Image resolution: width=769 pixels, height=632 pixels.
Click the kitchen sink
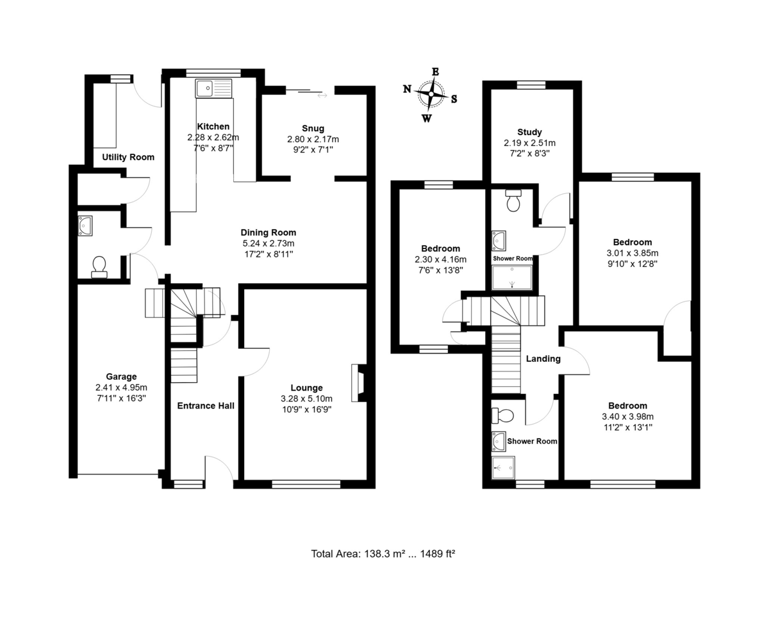(x=213, y=88)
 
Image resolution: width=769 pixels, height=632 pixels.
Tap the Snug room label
(x=313, y=128)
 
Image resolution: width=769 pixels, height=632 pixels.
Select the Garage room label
(x=121, y=377)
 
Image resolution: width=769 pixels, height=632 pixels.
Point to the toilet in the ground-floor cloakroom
(x=99, y=267)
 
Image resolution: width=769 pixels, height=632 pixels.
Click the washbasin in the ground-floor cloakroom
(x=85, y=226)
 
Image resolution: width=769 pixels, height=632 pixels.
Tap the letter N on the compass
(x=407, y=88)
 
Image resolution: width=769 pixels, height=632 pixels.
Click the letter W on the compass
(x=427, y=118)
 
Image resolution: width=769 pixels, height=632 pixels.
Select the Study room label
(x=529, y=132)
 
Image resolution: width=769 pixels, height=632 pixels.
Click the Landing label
(x=543, y=359)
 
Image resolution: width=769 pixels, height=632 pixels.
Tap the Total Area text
(x=383, y=554)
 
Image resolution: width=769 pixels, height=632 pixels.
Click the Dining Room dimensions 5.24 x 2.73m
(x=269, y=243)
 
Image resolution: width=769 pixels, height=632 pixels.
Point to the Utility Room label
(x=128, y=157)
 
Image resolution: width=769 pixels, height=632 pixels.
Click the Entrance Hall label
(x=206, y=406)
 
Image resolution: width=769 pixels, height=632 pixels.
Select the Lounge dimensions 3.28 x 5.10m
(x=306, y=399)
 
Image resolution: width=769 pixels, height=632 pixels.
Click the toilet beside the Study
(x=513, y=200)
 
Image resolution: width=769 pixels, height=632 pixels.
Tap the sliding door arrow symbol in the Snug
(x=322, y=95)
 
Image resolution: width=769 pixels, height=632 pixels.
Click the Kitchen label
(x=213, y=126)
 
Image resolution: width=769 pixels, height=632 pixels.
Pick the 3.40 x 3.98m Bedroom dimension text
(x=627, y=416)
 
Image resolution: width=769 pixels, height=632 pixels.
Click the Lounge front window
(x=306, y=484)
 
